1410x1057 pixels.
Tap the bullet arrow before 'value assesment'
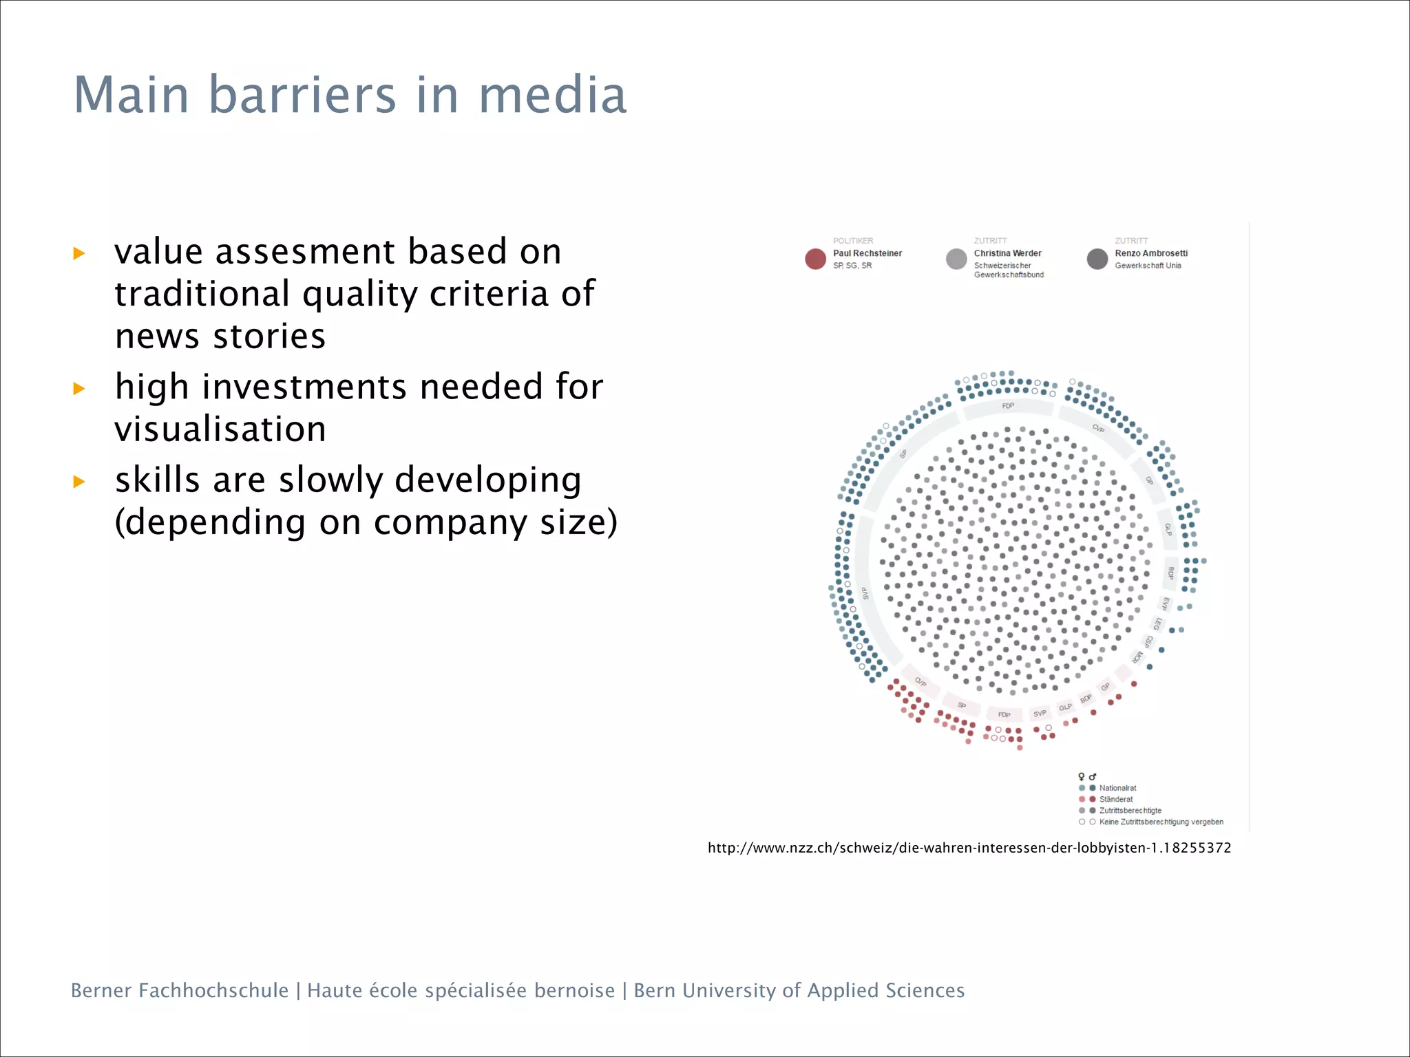coord(79,253)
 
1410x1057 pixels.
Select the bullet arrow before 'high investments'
coord(79,388)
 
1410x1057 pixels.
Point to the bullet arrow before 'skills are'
coord(79,482)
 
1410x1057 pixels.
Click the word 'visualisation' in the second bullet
coord(220,429)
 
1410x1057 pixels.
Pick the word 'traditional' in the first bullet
coord(202,294)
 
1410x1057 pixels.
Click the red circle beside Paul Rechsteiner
coord(815,259)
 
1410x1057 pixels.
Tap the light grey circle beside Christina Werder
coord(956,259)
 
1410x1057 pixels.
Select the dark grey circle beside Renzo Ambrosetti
coord(1097,259)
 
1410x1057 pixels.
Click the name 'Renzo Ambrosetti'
coord(1151,253)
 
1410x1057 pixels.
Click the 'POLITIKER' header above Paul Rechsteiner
coord(852,241)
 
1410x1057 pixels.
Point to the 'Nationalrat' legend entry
coord(1117,788)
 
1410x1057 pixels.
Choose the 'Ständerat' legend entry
coord(1115,799)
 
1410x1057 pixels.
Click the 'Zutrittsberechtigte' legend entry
coord(1130,811)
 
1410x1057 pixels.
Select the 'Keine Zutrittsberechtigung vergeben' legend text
coord(1161,822)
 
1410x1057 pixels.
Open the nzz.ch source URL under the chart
coord(969,848)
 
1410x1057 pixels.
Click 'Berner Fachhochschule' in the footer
coord(180,990)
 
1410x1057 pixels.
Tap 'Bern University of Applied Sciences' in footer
coord(799,990)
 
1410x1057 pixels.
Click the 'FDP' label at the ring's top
coord(1008,406)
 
